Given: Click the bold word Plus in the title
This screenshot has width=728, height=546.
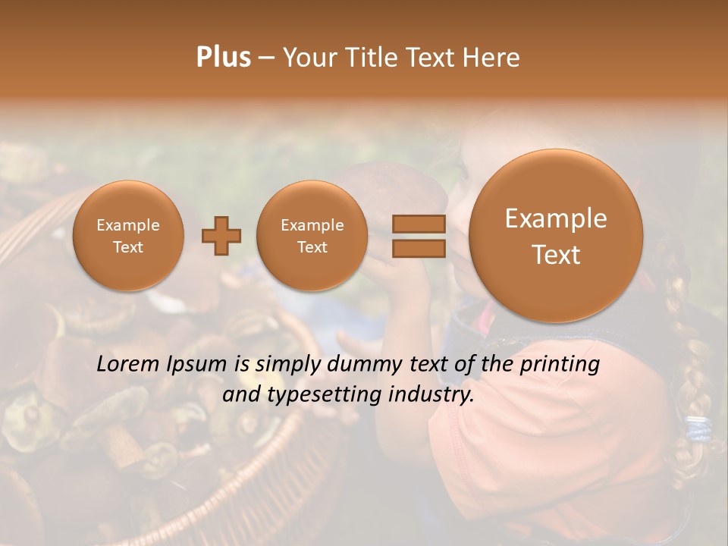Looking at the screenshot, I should pos(223,58).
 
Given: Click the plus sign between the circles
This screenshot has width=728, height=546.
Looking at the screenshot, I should pos(221,236).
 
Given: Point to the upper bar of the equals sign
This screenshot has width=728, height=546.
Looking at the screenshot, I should pos(418,224).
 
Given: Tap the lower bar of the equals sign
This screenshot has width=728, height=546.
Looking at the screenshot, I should pos(418,249).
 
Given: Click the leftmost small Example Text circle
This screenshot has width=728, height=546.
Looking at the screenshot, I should pos(128,236).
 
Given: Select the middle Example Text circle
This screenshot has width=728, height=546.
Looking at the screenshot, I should pos(312,236).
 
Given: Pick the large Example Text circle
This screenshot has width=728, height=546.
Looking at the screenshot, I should pos(556,236).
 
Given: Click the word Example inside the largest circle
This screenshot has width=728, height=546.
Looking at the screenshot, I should pos(556,219).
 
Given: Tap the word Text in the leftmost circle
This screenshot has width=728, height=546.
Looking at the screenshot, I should pos(128,247).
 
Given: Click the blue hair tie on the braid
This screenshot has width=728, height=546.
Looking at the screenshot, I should pos(698,428).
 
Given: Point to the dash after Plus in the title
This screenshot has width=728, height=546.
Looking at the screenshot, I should pos(266,58).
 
